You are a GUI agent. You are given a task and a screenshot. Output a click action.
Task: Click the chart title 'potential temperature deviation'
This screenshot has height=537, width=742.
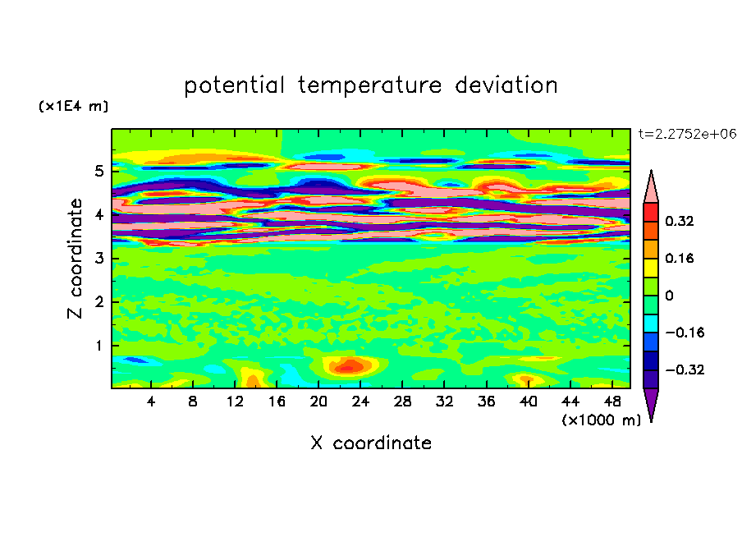[x=371, y=85]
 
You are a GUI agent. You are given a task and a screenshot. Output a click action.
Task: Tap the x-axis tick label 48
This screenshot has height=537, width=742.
[x=612, y=402]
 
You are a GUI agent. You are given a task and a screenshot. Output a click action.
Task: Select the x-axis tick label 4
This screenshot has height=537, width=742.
[x=152, y=402]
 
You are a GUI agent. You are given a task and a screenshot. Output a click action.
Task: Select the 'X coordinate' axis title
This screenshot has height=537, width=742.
[x=371, y=443]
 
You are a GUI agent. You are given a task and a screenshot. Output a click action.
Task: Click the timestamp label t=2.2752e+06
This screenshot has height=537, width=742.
[x=686, y=133]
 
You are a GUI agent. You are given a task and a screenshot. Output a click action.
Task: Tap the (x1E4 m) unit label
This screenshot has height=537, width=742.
[x=73, y=107]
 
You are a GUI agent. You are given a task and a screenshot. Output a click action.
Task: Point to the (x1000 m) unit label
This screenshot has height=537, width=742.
[x=601, y=420]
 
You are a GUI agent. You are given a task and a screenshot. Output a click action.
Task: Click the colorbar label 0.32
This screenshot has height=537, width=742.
[x=680, y=221]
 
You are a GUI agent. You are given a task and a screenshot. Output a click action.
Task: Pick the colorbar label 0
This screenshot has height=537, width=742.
[x=669, y=296]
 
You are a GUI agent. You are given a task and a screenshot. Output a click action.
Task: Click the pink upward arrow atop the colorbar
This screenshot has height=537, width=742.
[x=651, y=187]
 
